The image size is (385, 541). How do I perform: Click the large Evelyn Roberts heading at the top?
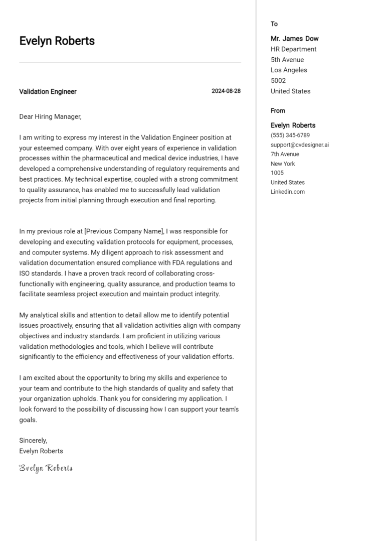pyautogui.click(x=57, y=41)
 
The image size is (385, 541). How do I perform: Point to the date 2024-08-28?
pyautogui.click(x=226, y=91)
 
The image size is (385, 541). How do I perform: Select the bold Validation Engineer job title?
pyautogui.click(x=48, y=92)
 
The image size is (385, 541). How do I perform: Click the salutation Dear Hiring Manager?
pyautogui.click(x=50, y=116)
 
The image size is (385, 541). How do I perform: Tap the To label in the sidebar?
pyautogui.click(x=274, y=24)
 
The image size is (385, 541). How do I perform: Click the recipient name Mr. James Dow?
pyautogui.click(x=294, y=39)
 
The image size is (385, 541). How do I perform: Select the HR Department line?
pyautogui.click(x=293, y=49)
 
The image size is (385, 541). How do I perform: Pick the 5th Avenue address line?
pyautogui.click(x=287, y=60)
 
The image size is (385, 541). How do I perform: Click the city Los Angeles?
pyautogui.click(x=289, y=70)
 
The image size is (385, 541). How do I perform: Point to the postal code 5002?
pyautogui.click(x=278, y=81)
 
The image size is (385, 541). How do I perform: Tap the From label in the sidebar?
pyautogui.click(x=278, y=111)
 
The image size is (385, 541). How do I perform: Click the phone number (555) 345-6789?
pyautogui.click(x=290, y=136)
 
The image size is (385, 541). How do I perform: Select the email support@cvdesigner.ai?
pyautogui.click(x=299, y=145)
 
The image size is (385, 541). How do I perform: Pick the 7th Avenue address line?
pyautogui.click(x=285, y=155)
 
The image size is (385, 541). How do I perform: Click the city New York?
pyautogui.click(x=283, y=164)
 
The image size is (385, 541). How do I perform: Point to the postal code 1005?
pyautogui.click(x=277, y=173)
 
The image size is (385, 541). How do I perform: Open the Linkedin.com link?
pyautogui.click(x=287, y=192)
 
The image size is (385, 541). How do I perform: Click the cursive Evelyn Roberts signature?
pyautogui.click(x=46, y=468)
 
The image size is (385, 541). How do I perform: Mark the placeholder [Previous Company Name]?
pyautogui.click(x=124, y=231)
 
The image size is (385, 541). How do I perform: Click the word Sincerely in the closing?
pyautogui.click(x=33, y=440)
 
